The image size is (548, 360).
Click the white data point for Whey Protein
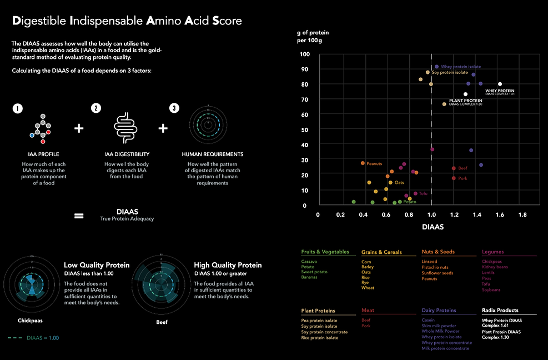tap(500, 84)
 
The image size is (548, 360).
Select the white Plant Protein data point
tap(466, 94)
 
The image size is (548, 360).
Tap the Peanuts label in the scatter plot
tap(374, 163)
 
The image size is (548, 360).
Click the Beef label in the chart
tap(463, 168)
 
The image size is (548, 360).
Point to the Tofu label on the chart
tap(423, 193)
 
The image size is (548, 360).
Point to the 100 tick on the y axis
tap(305, 54)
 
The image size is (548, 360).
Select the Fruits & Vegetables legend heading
tap(325, 252)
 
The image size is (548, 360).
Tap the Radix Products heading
tap(500, 311)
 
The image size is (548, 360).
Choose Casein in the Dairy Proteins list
tap(428, 320)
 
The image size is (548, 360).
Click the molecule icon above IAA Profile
tap(42, 126)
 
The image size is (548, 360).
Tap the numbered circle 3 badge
tap(174, 109)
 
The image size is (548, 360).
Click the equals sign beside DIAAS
tap(79, 214)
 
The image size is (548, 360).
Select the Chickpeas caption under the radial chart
tap(31, 321)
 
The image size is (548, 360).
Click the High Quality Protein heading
tap(228, 265)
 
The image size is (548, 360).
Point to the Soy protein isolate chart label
tap(450, 72)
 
